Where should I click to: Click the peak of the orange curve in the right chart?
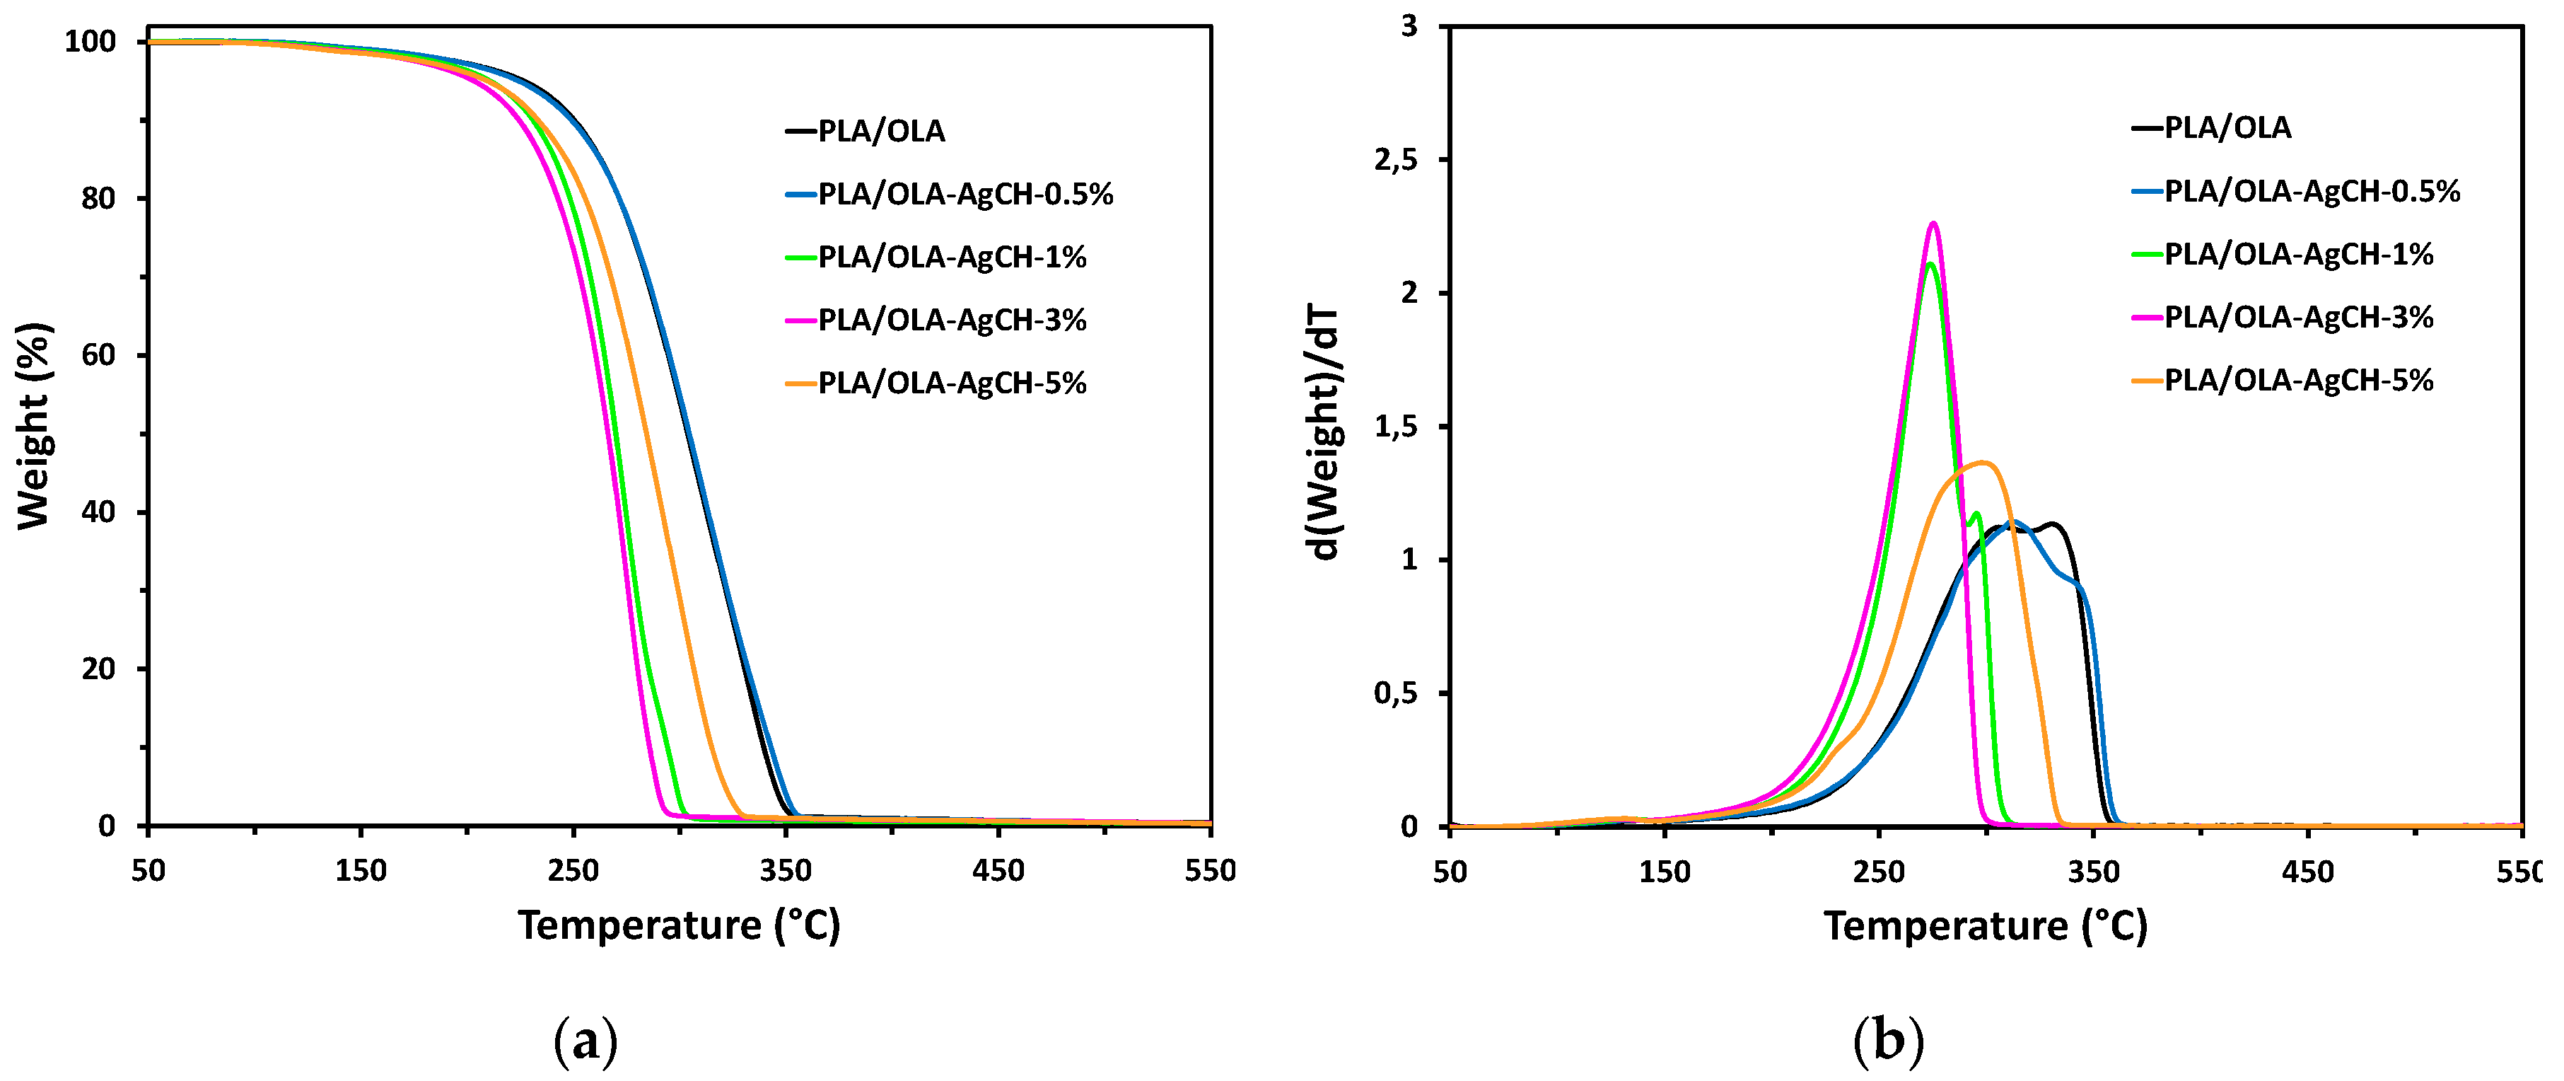(1983, 462)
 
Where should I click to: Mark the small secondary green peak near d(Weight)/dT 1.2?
(1976, 514)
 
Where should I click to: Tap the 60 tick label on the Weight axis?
(98, 355)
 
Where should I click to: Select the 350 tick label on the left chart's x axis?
(786, 871)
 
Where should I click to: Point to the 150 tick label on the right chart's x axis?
(1665, 873)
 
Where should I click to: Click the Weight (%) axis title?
(34, 426)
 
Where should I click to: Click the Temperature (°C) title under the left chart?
(679, 926)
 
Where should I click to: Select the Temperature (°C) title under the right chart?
(1985, 927)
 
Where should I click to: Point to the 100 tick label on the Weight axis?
(90, 42)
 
